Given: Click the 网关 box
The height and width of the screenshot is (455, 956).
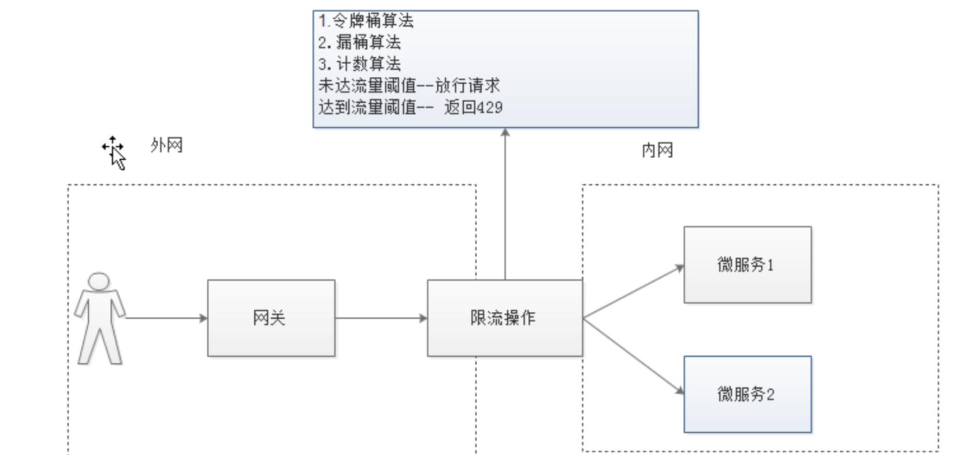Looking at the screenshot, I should (271, 318).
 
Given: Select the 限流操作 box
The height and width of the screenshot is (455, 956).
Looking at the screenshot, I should (504, 318).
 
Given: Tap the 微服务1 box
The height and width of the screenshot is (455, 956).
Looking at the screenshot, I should (747, 265).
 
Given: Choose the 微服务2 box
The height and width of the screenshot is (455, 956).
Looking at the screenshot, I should (747, 394).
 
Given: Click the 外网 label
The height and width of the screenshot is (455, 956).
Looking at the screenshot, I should (166, 146).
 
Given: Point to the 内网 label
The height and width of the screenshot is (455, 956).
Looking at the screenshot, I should (657, 151).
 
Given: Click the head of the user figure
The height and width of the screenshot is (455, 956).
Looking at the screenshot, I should (99, 282).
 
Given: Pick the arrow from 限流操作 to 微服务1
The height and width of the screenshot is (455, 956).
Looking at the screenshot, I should (633, 292).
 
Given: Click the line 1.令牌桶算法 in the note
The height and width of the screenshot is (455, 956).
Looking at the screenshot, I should (366, 21).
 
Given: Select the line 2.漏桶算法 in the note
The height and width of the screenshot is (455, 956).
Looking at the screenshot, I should (359, 42).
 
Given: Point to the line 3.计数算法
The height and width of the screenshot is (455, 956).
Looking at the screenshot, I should (359, 64).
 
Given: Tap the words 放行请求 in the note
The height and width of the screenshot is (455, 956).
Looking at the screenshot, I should (467, 85).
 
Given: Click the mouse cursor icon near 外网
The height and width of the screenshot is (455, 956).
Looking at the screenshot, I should (116, 152).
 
